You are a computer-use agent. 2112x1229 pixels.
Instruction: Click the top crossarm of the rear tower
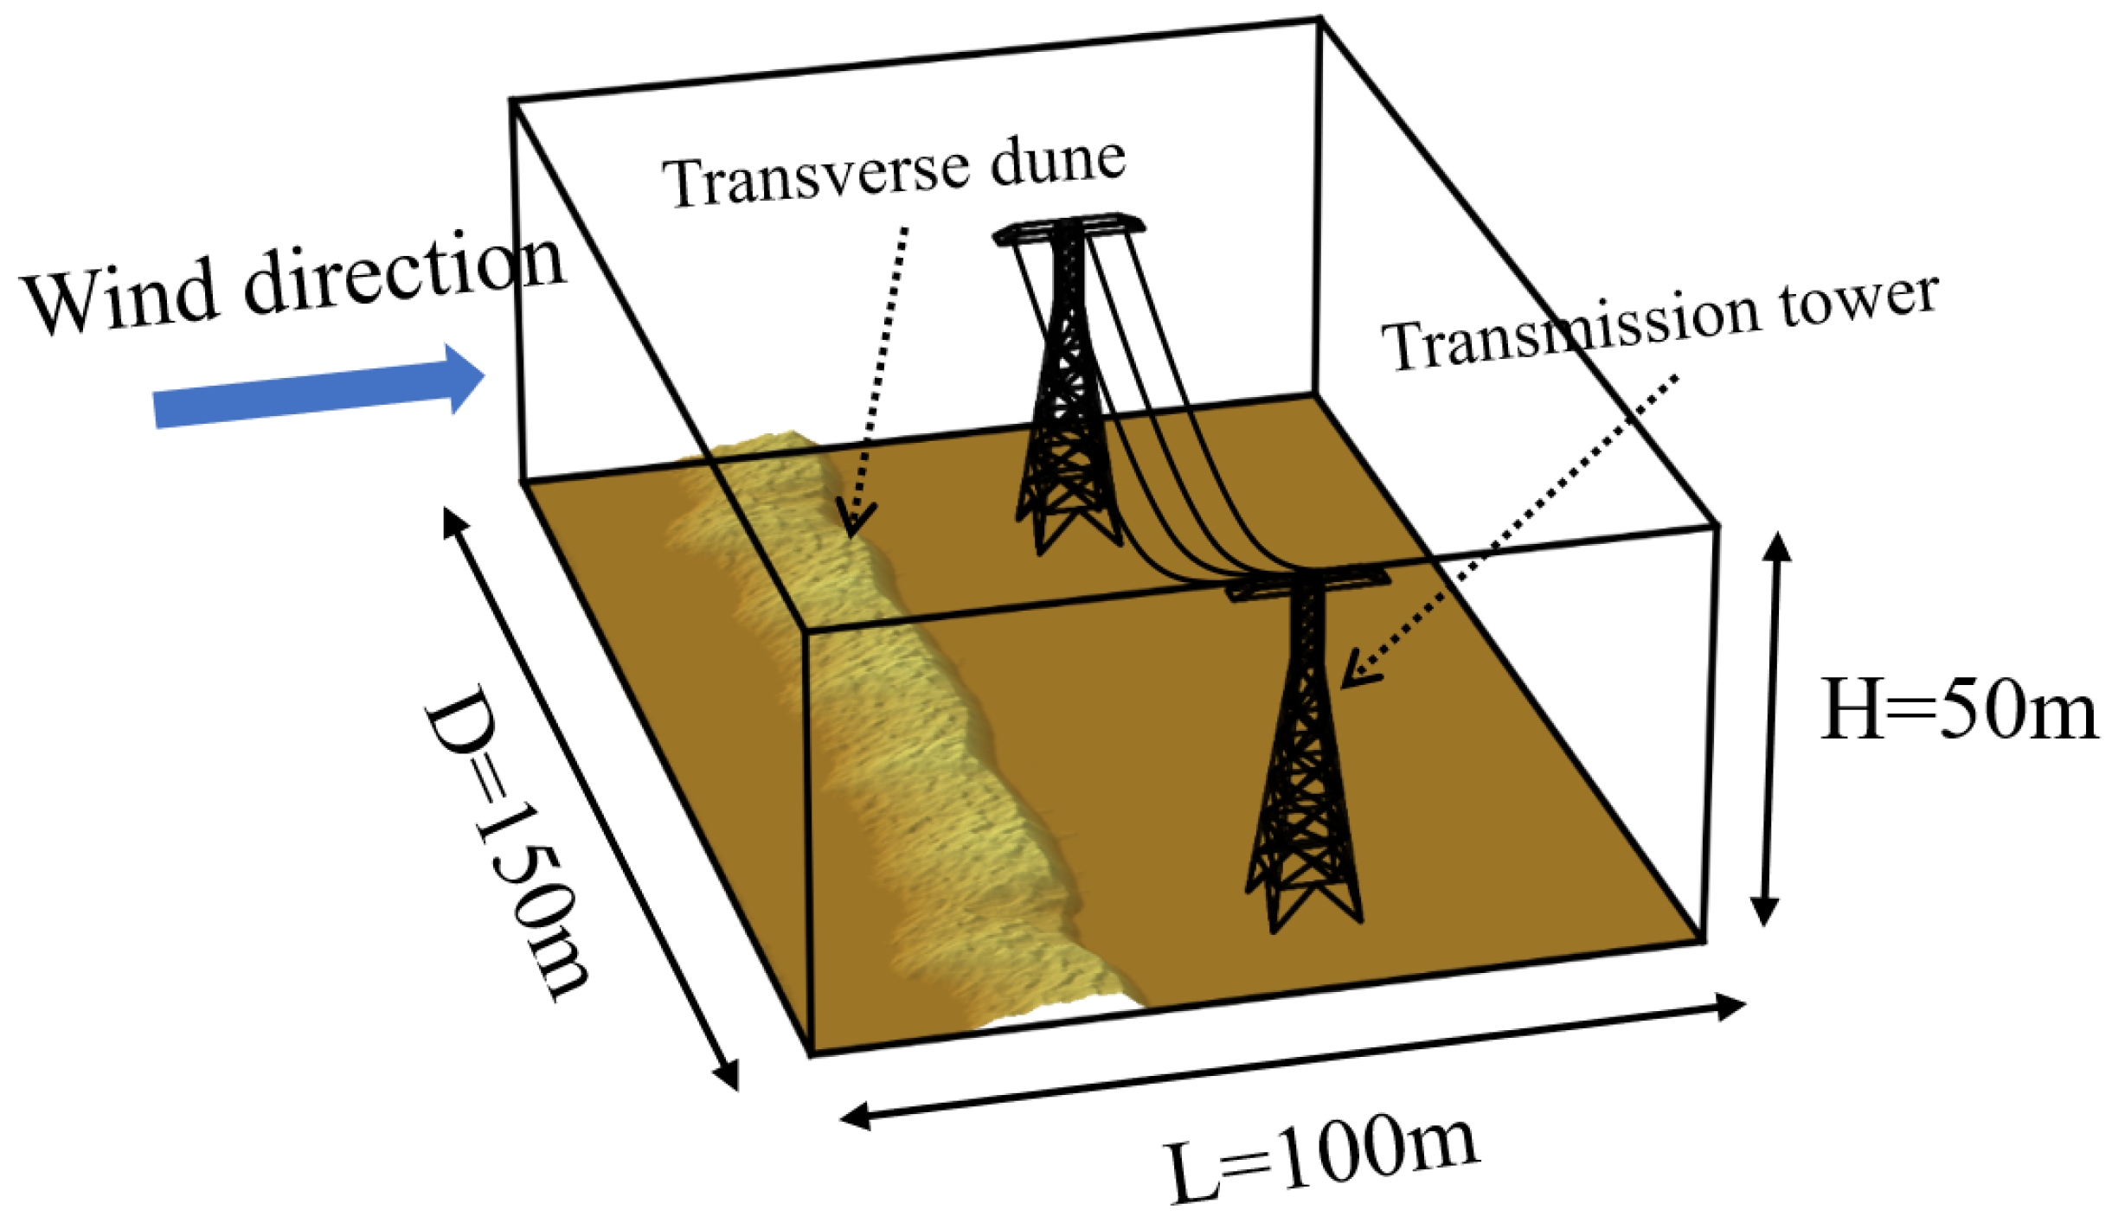click(x=1069, y=229)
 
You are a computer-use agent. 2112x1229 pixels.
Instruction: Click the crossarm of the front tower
click(x=1307, y=585)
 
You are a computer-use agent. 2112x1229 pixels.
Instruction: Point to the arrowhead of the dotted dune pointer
click(x=855, y=524)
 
